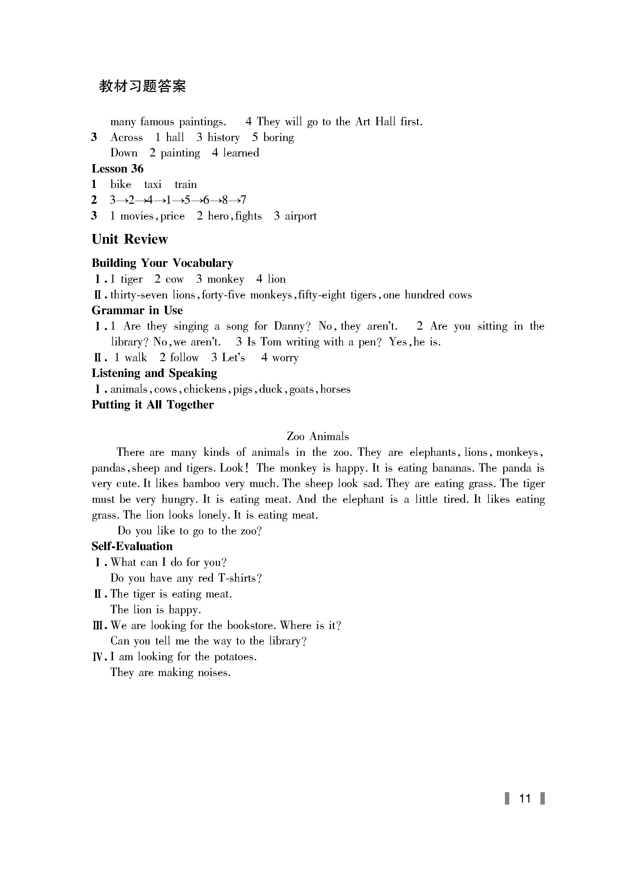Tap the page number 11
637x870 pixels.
tap(525, 798)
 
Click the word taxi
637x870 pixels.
tap(153, 185)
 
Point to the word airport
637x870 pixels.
tap(300, 216)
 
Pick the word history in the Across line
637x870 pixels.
tap(224, 137)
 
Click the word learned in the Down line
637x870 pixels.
tap(241, 153)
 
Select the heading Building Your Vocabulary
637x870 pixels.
tap(162, 263)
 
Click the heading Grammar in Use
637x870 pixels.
tap(137, 310)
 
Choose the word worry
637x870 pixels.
tap(285, 358)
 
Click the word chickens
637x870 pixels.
tap(205, 389)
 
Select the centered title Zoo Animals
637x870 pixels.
tap(318, 437)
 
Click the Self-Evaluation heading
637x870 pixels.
tap(132, 546)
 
